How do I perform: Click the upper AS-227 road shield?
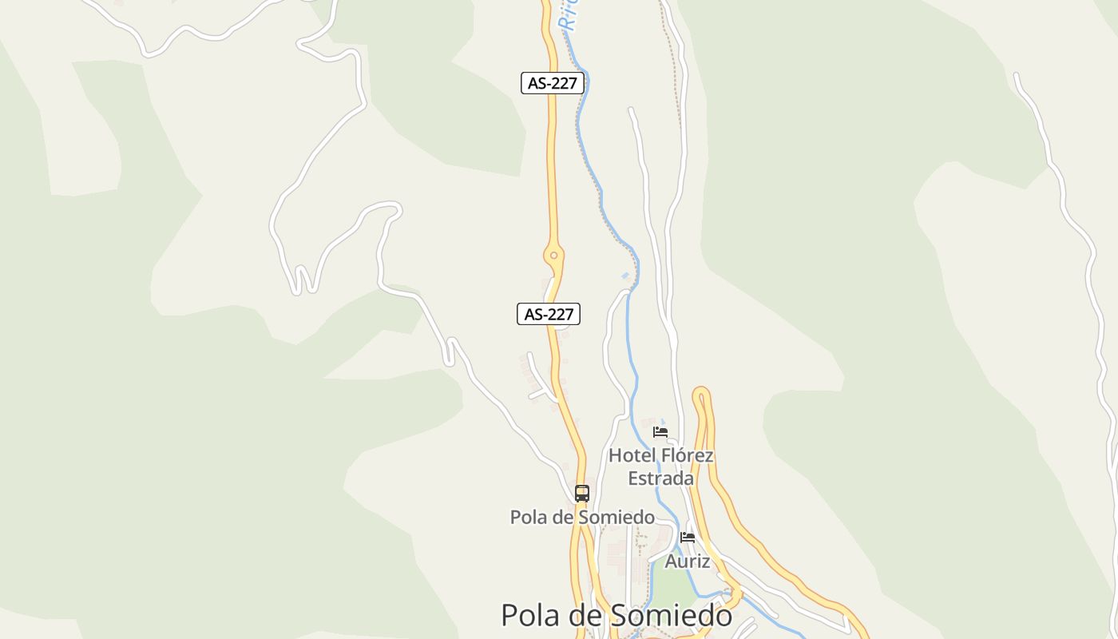coord(552,83)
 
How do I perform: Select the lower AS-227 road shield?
coord(549,315)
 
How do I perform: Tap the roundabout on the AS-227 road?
coord(553,256)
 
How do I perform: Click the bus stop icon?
coord(582,493)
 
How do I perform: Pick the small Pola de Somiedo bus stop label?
coord(582,517)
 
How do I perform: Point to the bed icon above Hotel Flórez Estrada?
coord(660,431)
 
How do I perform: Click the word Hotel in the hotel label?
coord(631,455)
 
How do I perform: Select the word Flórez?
coord(686,455)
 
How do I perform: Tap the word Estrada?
coord(660,478)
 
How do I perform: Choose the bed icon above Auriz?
coord(688,537)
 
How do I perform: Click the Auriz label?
coord(688,562)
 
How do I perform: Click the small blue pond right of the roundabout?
coord(625,276)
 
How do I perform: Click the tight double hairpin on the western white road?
coord(303,280)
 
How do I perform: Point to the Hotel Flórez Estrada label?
coord(660,466)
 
